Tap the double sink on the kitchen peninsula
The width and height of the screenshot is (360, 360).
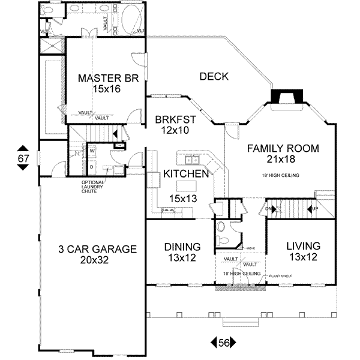(x=193, y=160)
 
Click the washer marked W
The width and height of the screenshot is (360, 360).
(x=92, y=151)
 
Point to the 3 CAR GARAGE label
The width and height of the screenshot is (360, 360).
(x=97, y=249)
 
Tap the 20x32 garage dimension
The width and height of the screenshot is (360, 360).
(x=97, y=260)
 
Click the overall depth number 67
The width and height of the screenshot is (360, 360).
(x=23, y=158)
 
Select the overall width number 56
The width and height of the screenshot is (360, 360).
(x=224, y=343)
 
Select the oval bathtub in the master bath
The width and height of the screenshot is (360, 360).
(x=127, y=14)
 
